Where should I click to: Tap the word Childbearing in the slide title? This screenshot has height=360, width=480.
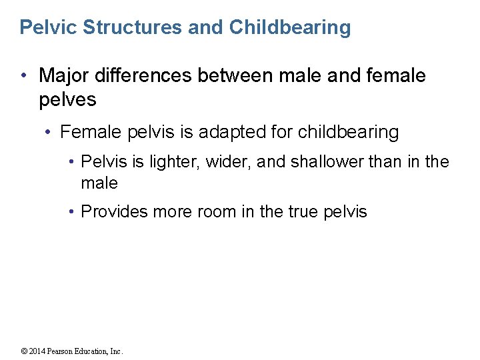[x=289, y=27]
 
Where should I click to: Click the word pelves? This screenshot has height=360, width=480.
[x=67, y=101]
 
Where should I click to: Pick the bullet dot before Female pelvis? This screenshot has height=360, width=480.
[x=49, y=133]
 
